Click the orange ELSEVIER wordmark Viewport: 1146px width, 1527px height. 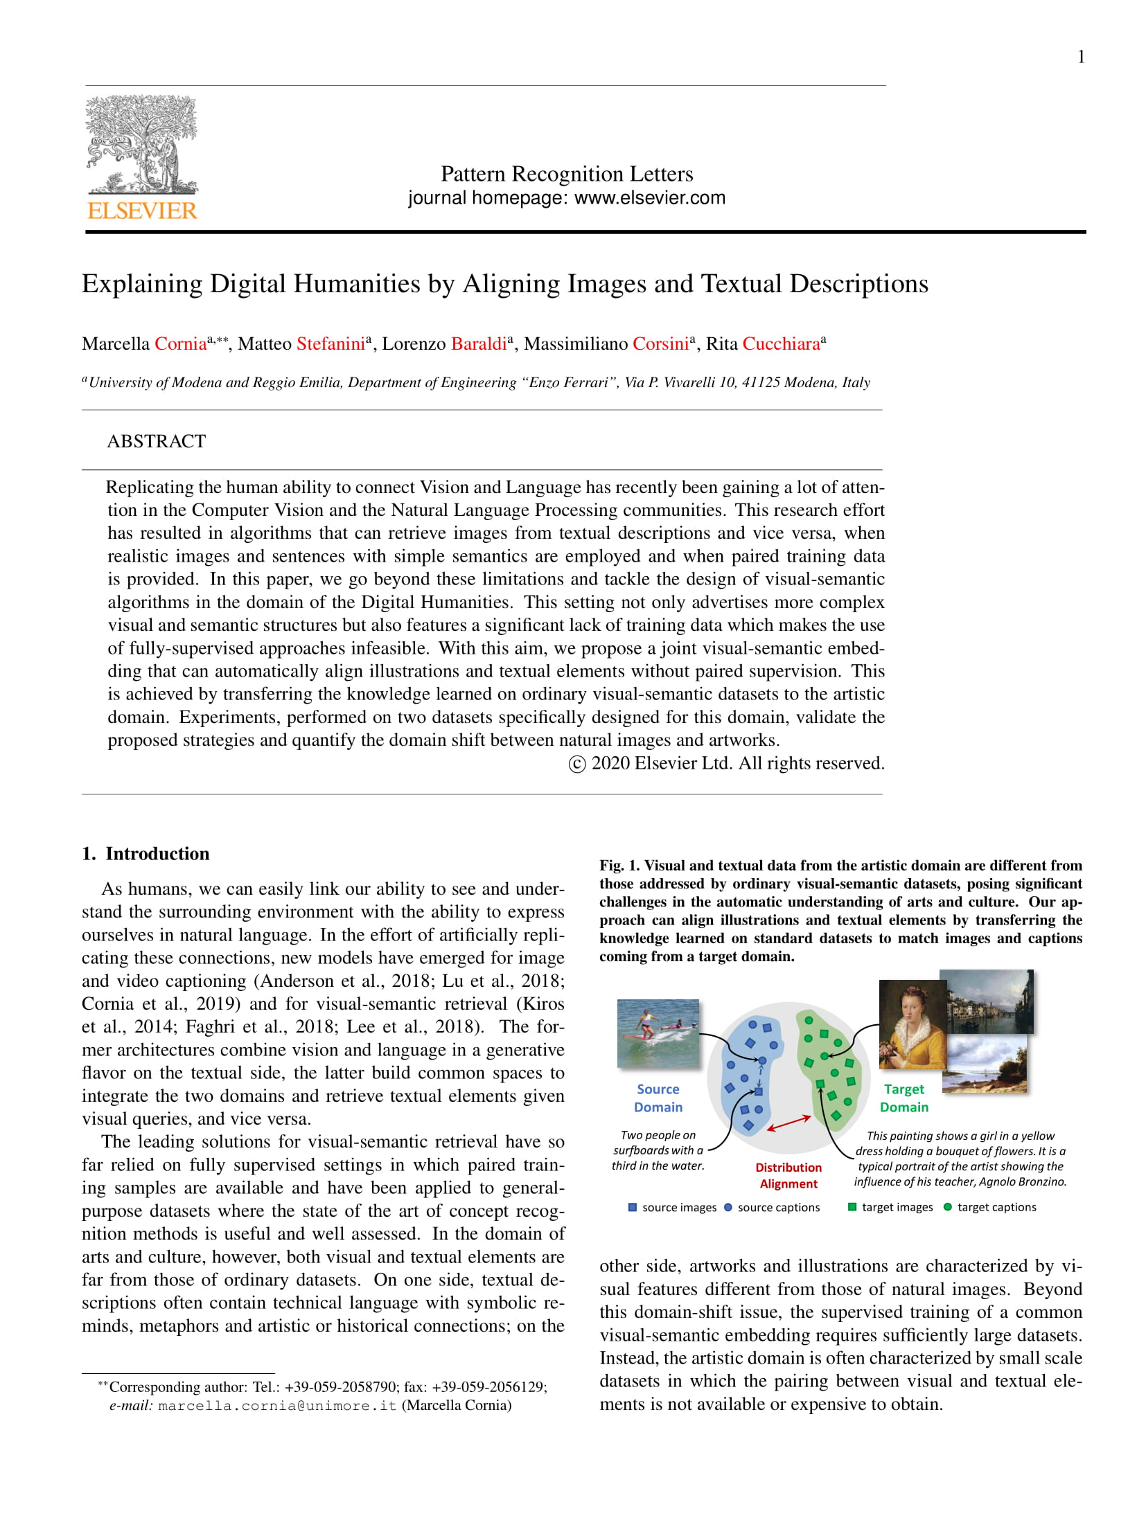tap(142, 211)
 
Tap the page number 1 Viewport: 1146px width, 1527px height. tap(1081, 57)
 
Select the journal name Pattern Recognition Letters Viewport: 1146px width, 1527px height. tap(566, 173)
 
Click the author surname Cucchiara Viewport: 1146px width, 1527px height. tap(781, 344)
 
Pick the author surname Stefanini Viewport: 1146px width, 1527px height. tap(330, 344)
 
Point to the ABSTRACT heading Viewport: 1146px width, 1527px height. tap(157, 441)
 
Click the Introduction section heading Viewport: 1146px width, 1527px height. tap(157, 853)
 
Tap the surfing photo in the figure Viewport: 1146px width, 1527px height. tap(658, 1033)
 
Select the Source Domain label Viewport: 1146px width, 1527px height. tap(658, 1098)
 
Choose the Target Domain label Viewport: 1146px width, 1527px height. tap(903, 1098)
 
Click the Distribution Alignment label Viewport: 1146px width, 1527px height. tap(788, 1175)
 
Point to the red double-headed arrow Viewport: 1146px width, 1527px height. tap(788, 1123)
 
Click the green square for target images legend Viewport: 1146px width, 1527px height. tap(852, 1207)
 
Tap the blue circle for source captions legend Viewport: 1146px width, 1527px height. tap(728, 1207)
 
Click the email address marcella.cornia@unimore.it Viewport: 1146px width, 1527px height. tap(277, 1405)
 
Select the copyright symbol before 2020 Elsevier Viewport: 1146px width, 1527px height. tap(576, 764)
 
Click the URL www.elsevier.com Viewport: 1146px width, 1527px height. tap(650, 198)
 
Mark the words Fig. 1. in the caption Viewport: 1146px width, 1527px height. tap(620, 866)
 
